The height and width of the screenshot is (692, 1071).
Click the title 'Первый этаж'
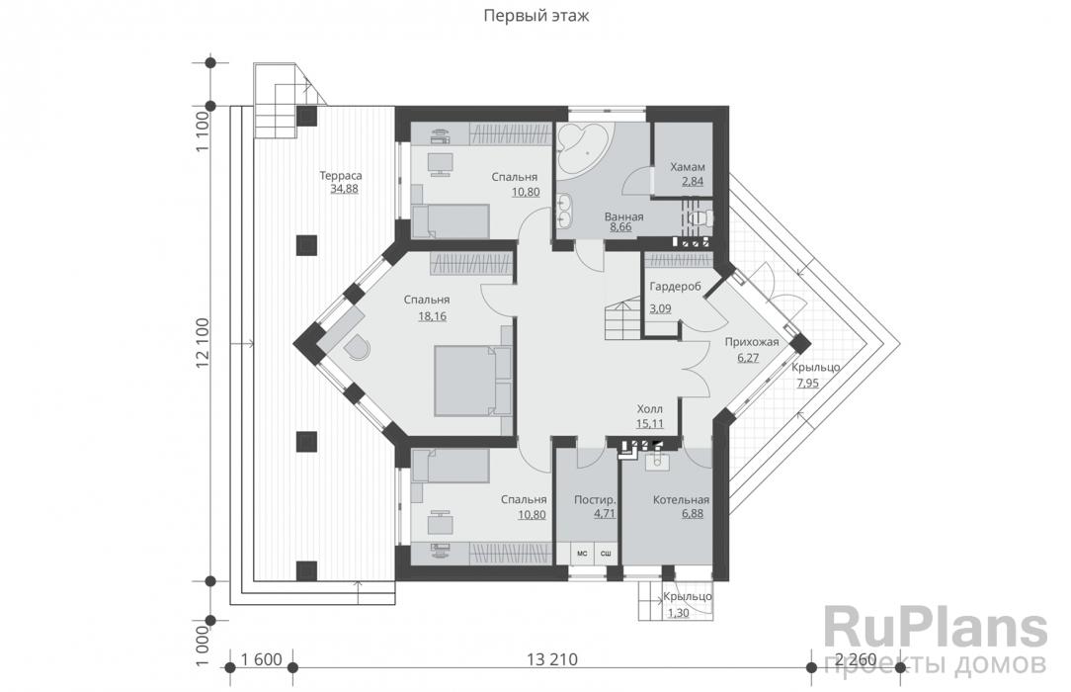pyautogui.click(x=536, y=16)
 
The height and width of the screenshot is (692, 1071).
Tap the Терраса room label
pyautogui.click(x=341, y=176)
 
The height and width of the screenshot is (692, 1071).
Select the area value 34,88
pyautogui.click(x=344, y=189)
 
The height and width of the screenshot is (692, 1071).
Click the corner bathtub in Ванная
pyautogui.click(x=581, y=144)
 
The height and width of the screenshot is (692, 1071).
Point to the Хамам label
pyautogui.click(x=687, y=167)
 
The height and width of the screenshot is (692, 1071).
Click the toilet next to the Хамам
pyautogui.click(x=700, y=218)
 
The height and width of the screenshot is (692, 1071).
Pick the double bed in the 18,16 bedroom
pyautogui.click(x=472, y=381)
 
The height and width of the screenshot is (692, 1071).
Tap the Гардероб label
pyautogui.click(x=675, y=287)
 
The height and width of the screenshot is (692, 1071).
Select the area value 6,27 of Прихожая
pyautogui.click(x=748, y=357)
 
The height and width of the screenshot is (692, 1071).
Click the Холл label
pyautogui.click(x=649, y=409)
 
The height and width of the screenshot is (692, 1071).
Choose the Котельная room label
pyautogui.click(x=681, y=500)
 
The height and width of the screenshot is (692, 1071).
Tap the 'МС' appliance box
pyautogui.click(x=583, y=554)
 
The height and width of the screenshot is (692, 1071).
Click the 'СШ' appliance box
pyautogui.click(x=606, y=554)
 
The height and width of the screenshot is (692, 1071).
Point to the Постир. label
pyautogui.click(x=595, y=500)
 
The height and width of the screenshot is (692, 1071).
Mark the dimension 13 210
pyautogui.click(x=552, y=660)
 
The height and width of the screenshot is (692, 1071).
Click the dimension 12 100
pyautogui.click(x=203, y=344)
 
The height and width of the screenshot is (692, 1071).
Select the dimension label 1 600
pyautogui.click(x=262, y=660)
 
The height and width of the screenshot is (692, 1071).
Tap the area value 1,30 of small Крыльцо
pyautogui.click(x=678, y=614)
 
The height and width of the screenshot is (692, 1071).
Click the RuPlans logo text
pyautogui.click(x=935, y=629)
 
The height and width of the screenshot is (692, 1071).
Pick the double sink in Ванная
pyautogui.click(x=564, y=210)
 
